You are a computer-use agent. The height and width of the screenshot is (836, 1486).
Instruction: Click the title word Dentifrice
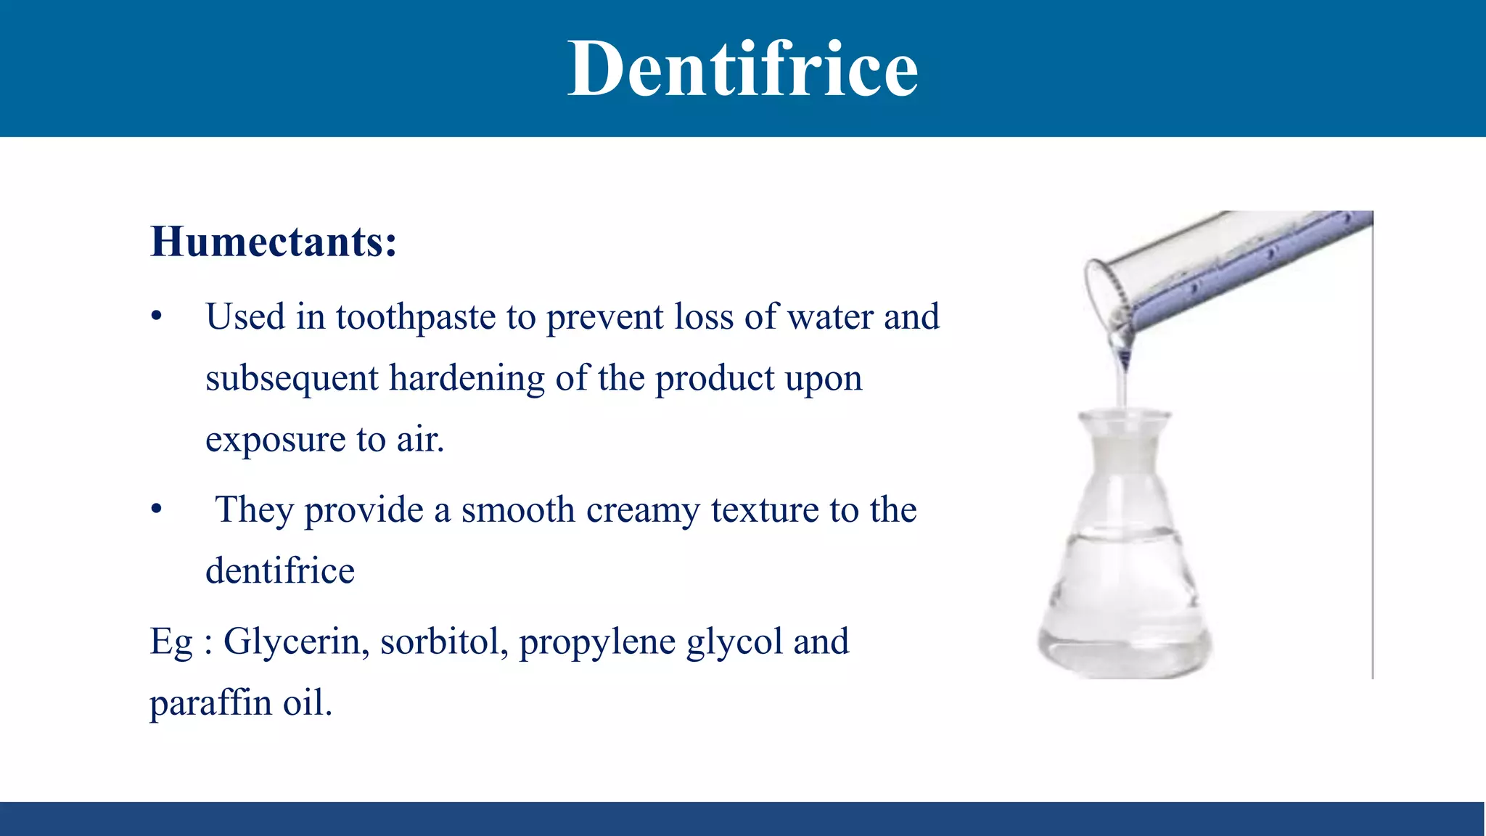click(x=742, y=69)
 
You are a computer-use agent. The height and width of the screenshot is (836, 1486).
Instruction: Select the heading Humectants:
click(x=274, y=242)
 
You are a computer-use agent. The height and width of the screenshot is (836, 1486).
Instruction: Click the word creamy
click(x=643, y=510)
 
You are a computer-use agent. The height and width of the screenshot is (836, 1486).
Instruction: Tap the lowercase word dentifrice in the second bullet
click(x=280, y=571)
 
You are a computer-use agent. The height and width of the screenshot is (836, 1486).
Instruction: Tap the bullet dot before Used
click(x=156, y=317)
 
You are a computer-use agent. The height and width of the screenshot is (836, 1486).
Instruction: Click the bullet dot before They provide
click(x=156, y=509)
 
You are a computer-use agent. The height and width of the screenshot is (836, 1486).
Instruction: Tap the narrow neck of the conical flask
click(x=1124, y=450)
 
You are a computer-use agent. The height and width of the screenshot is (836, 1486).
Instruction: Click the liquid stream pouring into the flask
click(x=1124, y=385)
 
